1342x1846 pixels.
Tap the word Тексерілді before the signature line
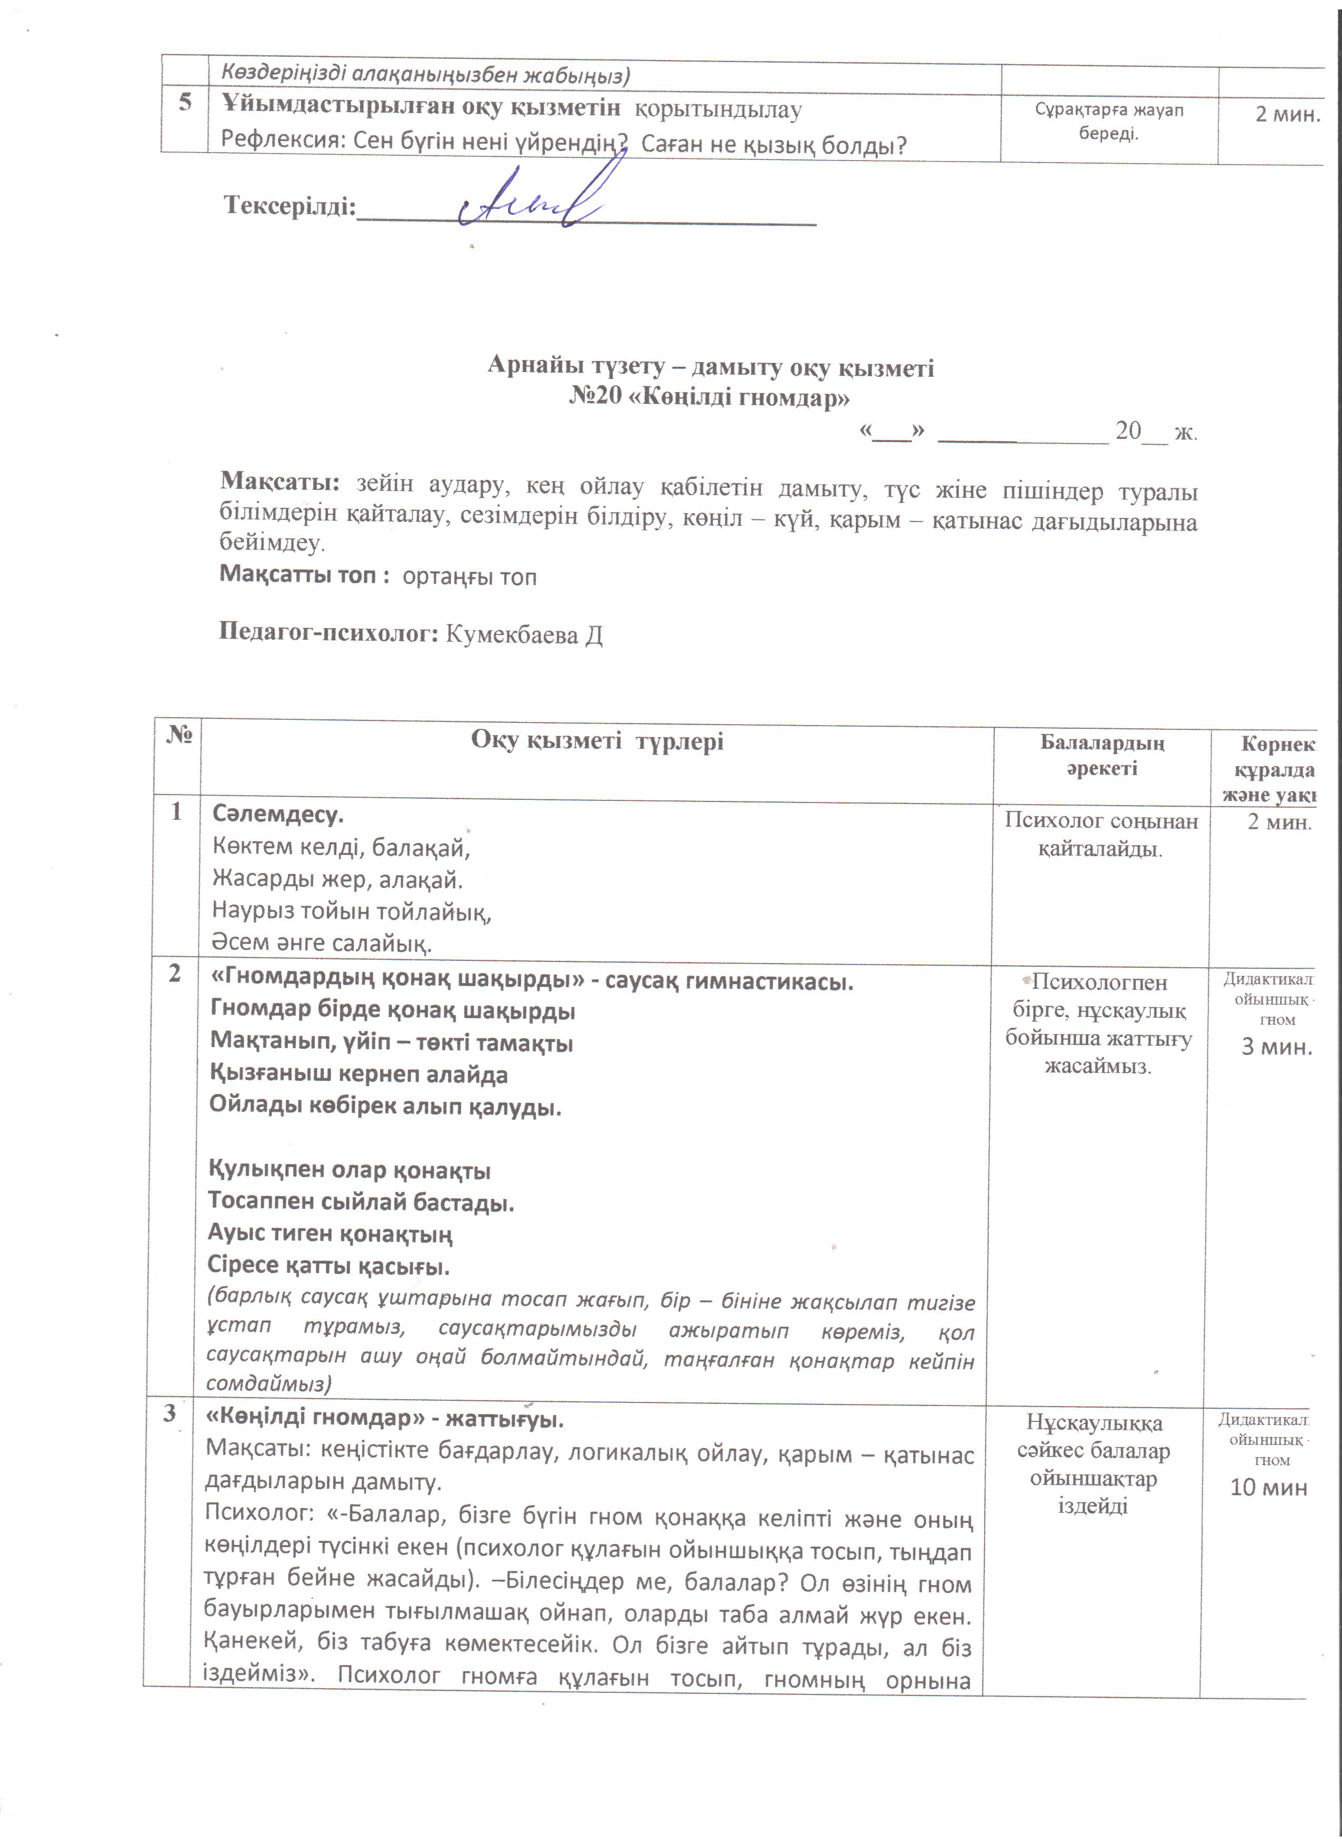[290, 207]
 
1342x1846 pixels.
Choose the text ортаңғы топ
[469, 577]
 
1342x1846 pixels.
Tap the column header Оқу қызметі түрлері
[597, 741]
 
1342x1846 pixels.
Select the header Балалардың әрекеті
[1102, 755]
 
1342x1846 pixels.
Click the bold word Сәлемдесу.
[277, 814]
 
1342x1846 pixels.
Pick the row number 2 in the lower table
[174, 974]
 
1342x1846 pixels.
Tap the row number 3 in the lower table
[169, 1414]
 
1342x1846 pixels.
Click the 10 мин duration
[1268, 1488]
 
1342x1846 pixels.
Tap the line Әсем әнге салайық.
[322, 944]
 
